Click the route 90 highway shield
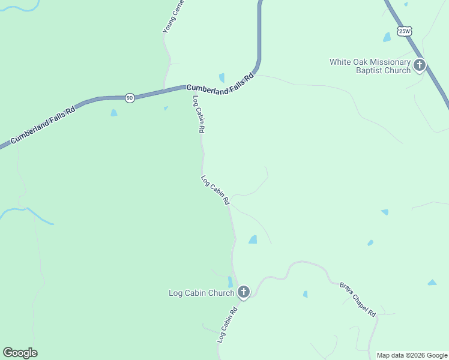tap(130, 98)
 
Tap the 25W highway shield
tap(405, 31)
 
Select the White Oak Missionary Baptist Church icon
tap(420, 65)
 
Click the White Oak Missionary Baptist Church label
tap(370, 66)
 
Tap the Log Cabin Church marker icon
tap(243, 292)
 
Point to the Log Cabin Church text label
tap(200, 293)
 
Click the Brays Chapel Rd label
tap(358, 299)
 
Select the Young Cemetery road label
tap(173, 16)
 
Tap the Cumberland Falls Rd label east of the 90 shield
tap(220, 85)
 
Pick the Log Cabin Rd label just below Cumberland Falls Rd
tap(199, 114)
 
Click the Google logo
tap(20, 353)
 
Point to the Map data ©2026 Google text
tap(412, 355)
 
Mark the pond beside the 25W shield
tap(387, 37)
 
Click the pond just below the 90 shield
tap(113, 113)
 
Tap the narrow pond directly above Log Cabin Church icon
tap(230, 281)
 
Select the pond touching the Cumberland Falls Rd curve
tap(221, 77)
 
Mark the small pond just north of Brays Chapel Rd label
tap(305, 294)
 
